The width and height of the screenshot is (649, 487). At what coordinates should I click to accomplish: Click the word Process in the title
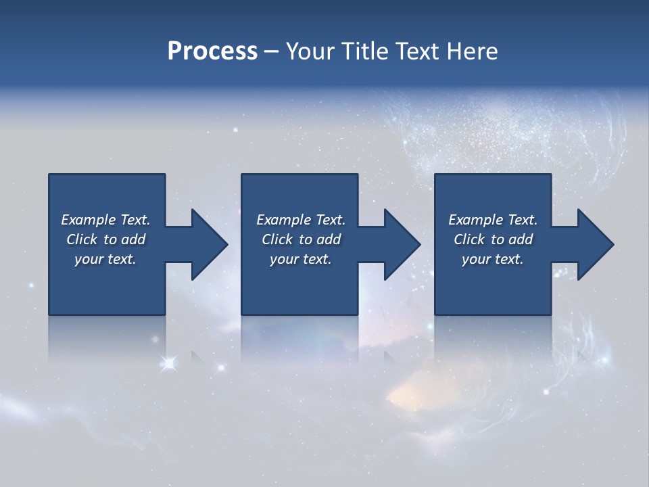click(212, 51)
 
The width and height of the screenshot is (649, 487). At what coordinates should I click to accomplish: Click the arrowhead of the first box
click(210, 244)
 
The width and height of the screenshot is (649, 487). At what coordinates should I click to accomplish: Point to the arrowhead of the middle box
click(402, 244)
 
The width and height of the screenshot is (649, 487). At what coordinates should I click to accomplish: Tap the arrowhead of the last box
click(596, 244)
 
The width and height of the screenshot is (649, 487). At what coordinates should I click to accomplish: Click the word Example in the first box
click(88, 220)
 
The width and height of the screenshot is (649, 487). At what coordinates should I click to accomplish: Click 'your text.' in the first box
click(105, 259)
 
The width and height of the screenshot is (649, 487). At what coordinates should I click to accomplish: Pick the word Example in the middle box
click(283, 220)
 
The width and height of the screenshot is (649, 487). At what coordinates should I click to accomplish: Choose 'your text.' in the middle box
click(300, 259)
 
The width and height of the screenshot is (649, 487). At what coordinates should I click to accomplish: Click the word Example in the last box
click(475, 220)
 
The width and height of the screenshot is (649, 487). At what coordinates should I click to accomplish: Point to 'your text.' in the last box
click(493, 259)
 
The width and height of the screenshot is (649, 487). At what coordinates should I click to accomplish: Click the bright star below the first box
click(169, 364)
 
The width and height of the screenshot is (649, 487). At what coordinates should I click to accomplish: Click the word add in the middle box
click(329, 239)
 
